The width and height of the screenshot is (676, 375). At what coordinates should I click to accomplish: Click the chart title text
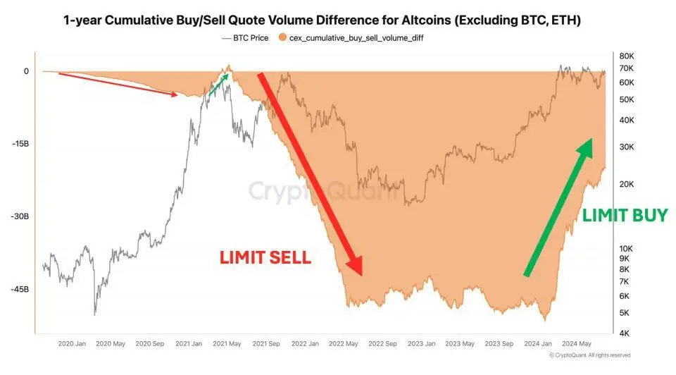[322, 20]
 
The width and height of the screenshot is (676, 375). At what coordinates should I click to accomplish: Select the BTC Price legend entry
[244, 37]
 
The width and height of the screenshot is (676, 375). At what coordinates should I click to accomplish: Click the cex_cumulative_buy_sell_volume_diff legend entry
[356, 37]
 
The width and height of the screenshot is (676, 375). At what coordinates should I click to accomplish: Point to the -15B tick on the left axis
[20, 144]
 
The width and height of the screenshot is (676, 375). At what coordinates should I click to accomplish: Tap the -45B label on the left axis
[20, 290]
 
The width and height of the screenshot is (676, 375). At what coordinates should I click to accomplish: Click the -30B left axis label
[20, 216]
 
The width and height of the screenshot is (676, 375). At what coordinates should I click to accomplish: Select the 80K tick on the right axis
[627, 56]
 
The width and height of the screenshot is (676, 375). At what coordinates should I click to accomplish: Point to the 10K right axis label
[627, 249]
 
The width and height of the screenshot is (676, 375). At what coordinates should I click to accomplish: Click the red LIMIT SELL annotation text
[265, 257]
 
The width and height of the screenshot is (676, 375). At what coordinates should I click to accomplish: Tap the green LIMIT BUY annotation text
[624, 216]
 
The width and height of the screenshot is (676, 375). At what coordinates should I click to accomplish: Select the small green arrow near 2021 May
[220, 83]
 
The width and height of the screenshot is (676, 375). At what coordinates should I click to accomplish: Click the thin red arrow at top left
[116, 84]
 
